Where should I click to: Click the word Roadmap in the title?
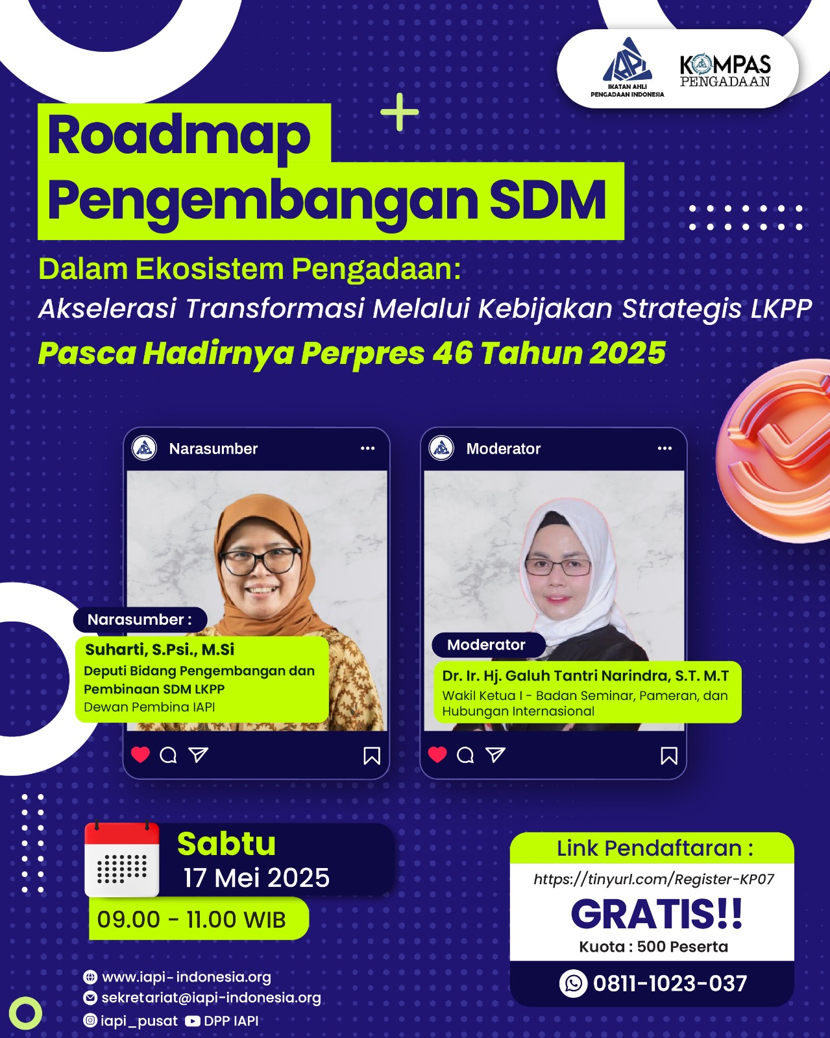[x=179, y=137]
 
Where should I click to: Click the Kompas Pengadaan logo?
[x=726, y=71]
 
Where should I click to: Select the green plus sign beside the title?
[x=400, y=112]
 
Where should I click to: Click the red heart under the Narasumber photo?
[x=140, y=754]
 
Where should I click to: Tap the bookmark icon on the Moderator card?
[x=669, y=756]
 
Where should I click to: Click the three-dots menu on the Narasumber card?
[x=368, y=448]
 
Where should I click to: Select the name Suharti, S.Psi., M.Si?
[x=160, y=649]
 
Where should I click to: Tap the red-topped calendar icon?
[x=121, y=860]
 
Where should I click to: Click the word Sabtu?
[x=226, y=843]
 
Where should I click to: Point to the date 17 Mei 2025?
[x=256, y=877]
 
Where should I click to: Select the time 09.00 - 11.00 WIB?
[x=191, y=919]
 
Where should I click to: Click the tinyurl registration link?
[x=654, y=879]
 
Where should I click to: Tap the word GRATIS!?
[x=656, y=914]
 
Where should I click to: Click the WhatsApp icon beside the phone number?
[x=573, y=983]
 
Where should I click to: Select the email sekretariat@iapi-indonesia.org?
[x=212, y=998]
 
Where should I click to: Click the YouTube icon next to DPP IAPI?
[x=193, y=1021]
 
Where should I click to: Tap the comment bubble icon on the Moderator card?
[x=465, y=755]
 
